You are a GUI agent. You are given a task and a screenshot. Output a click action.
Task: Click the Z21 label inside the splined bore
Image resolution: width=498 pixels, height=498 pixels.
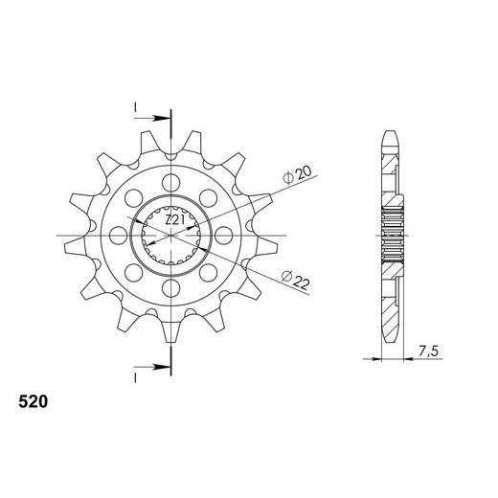point(172,219)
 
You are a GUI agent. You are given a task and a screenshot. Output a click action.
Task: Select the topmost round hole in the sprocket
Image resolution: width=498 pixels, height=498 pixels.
point(172,181)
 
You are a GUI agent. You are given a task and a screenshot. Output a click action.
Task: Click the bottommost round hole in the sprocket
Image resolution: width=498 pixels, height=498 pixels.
point(172,287)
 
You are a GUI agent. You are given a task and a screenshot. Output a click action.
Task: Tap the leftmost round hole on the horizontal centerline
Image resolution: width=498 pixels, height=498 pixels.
point(120,235)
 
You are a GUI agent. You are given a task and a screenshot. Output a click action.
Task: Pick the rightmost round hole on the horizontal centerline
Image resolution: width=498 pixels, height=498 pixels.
point(225,235)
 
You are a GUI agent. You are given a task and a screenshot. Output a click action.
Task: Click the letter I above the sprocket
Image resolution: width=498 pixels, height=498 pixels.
point(136,104)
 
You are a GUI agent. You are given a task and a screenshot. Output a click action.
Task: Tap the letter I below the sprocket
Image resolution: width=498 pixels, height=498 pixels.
point(136,375)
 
